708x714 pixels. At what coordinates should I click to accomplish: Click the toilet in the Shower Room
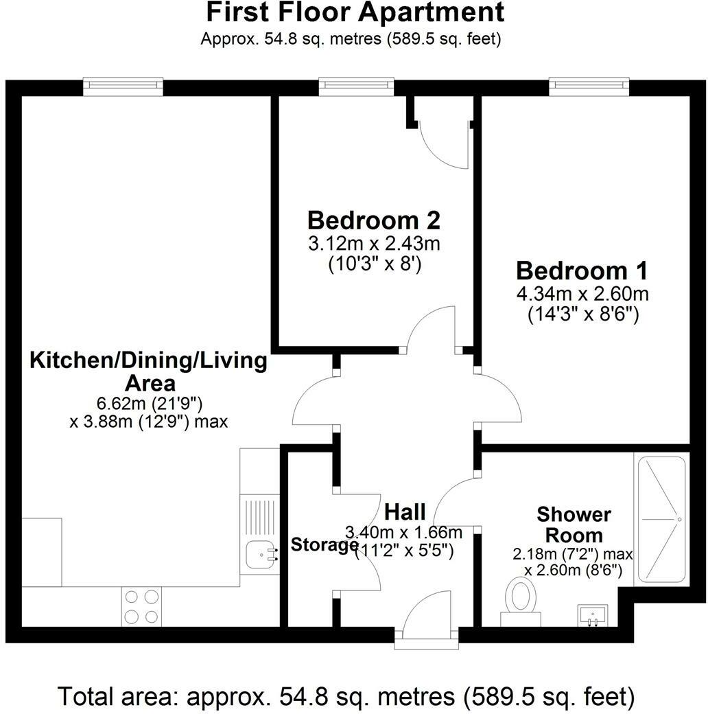(x=520, y=596)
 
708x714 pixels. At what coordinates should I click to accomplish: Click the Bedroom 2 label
(x=373, y=220)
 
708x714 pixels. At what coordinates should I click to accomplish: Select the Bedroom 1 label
(x=582, y=269)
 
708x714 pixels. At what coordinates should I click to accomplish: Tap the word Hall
(x=405, y=511)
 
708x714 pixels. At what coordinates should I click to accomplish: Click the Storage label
(x=324, y=545)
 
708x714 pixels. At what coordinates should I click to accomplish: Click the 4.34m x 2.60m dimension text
(x=582, y=295)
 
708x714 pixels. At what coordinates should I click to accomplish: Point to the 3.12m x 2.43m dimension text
(x=373, y=244)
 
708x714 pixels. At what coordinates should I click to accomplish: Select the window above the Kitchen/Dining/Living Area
(x=123, y=85)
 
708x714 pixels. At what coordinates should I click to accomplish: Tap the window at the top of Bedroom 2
(x=357, y=85)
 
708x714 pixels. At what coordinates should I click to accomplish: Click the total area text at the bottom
(x=346, y=696)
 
